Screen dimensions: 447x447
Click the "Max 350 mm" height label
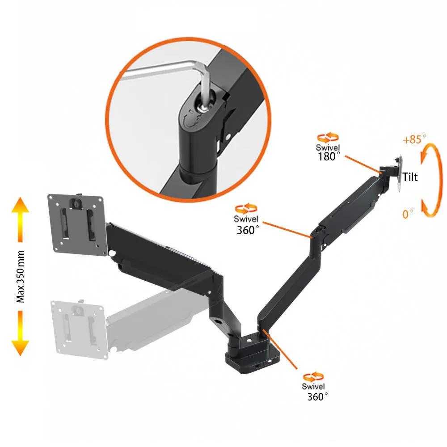(21, 277)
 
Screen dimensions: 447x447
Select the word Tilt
(410, 177)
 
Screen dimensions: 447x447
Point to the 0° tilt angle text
(408, 215)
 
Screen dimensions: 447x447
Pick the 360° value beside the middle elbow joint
(248, 230)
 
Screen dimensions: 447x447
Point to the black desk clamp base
(250, 353)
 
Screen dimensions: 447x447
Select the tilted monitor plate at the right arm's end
(398, 174)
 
